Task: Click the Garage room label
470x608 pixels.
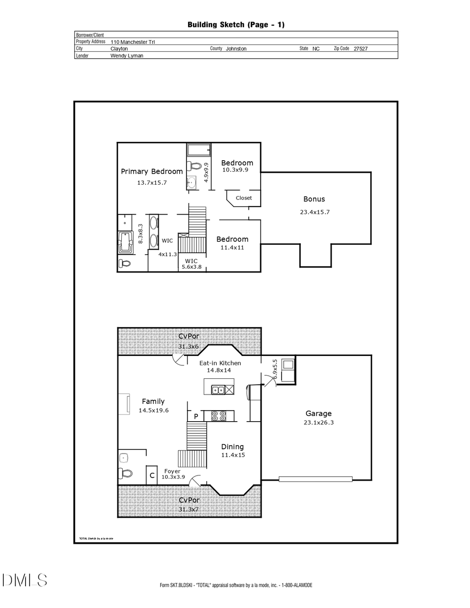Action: pos(319,413)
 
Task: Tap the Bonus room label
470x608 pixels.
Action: pos(314,199)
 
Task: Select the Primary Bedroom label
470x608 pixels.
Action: pos(152,171)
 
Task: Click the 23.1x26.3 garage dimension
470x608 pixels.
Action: pos(319,422)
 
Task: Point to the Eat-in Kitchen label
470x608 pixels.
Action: pos(220,363)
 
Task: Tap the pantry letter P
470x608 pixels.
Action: pos(196,416)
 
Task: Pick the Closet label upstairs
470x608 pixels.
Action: pos(244,198)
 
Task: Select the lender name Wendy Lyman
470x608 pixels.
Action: pos(126,55)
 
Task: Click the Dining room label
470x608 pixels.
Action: pos(232,447)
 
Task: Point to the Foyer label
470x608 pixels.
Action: pos(172,471)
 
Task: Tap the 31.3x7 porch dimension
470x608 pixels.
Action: pos(189,509)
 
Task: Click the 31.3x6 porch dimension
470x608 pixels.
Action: pos(189,346)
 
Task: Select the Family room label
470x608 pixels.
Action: pos(153,401)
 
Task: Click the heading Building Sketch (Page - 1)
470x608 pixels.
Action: pos(236,25)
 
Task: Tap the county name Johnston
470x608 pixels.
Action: pos(236,48)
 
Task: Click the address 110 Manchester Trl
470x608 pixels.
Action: pos(133,42)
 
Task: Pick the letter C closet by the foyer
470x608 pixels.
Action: pos(152,475)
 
